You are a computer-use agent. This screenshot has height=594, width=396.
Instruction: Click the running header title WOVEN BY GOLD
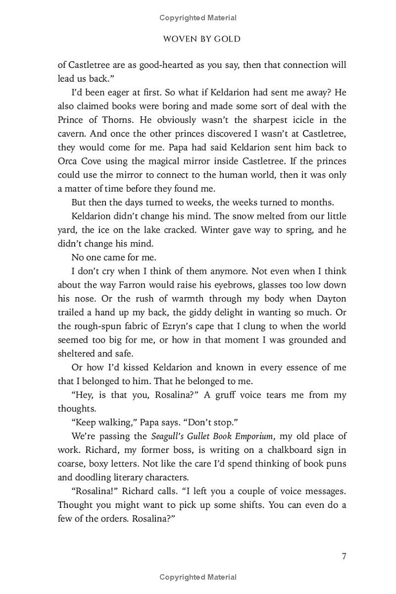click(x=201, y=39)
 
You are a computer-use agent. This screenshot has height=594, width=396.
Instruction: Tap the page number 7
click(x=344, y=555)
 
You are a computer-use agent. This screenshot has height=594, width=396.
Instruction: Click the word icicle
click(x=298, y=120)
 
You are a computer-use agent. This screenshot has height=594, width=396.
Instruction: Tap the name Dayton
click(x=329, y=299)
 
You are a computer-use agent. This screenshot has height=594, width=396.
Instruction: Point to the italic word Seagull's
click(x=169, y=436)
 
